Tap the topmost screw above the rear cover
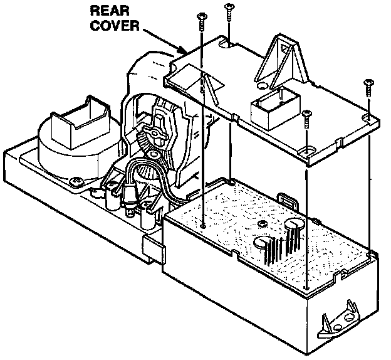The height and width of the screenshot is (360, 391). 228,11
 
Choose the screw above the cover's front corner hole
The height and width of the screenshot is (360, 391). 306,117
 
